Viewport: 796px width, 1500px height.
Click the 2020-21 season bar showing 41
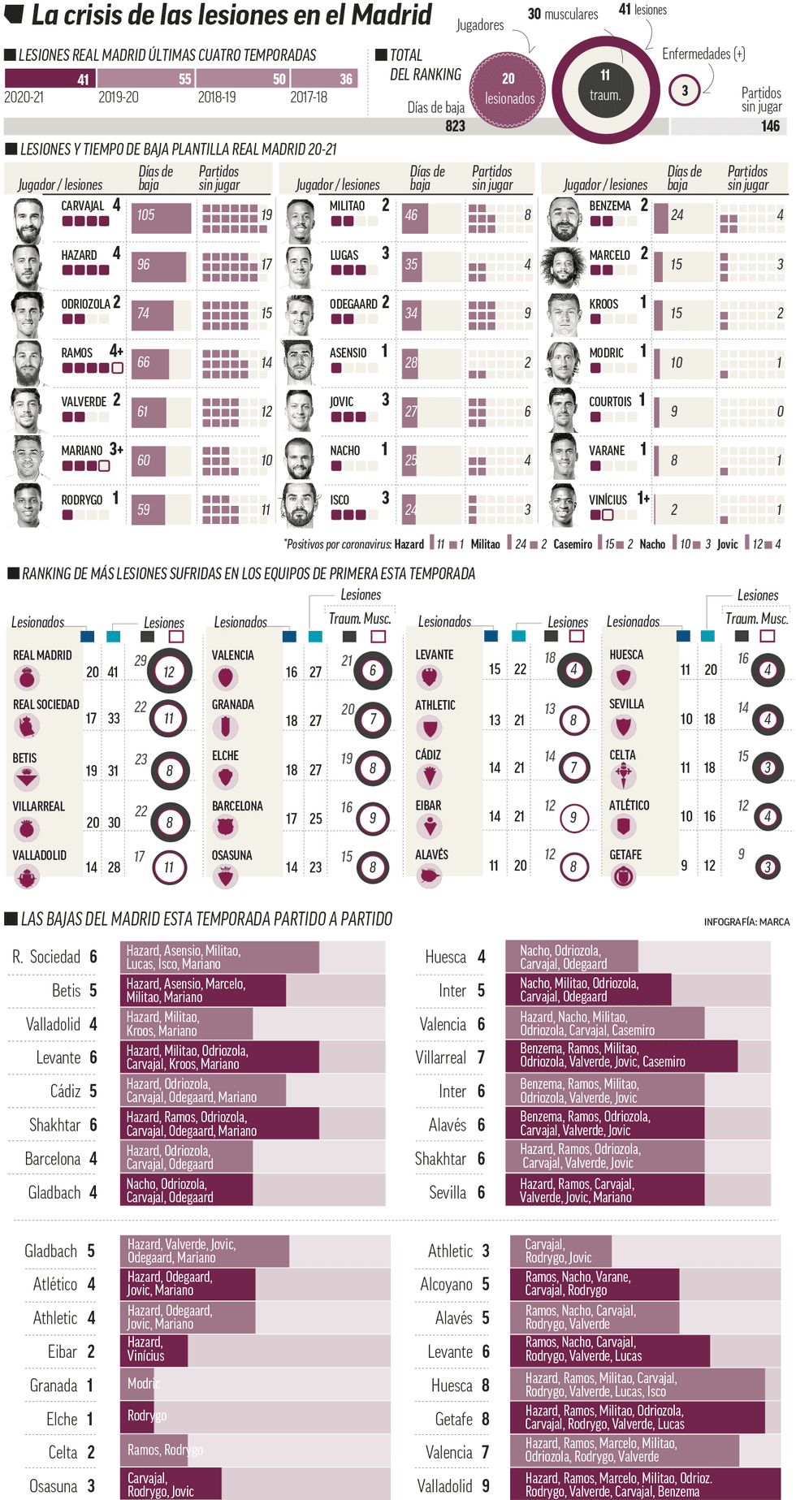[50, 79]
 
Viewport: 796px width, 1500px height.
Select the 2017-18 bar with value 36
[324, 79]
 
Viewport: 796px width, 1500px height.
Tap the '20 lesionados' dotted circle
[509, 89]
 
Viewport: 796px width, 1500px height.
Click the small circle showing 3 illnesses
[684, 90]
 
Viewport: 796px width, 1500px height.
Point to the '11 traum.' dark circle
[605, 85]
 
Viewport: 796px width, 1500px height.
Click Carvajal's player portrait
[28, 221]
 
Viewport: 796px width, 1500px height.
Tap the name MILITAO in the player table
[347, 206]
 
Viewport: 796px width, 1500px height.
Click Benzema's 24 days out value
[677, 215]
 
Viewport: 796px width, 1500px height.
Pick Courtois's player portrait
[563, 411]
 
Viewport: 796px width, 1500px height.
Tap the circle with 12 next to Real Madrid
[169, 672]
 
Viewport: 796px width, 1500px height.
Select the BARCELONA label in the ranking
[237, 806]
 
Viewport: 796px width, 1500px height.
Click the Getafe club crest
[623, 875]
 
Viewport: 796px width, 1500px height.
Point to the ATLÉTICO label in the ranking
[629, 806]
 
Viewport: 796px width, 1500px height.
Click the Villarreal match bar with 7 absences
[621, 1056]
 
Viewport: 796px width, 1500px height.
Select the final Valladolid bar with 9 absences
[646, 1485]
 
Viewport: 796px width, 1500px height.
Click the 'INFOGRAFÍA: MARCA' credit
[746, 922]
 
